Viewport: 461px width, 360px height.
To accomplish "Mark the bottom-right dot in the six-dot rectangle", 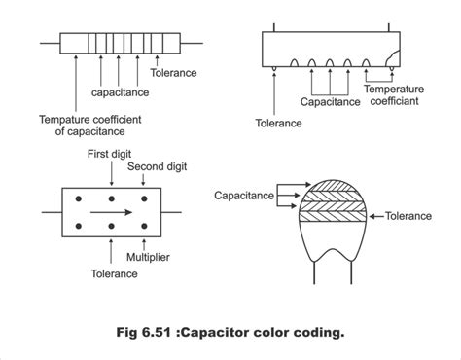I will pos(143,229).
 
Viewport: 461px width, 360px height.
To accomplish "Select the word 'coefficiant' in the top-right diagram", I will pos(396,100).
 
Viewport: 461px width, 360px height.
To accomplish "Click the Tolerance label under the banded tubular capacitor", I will pos(176,71).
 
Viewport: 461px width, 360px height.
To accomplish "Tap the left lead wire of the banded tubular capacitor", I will pos(49,44).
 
